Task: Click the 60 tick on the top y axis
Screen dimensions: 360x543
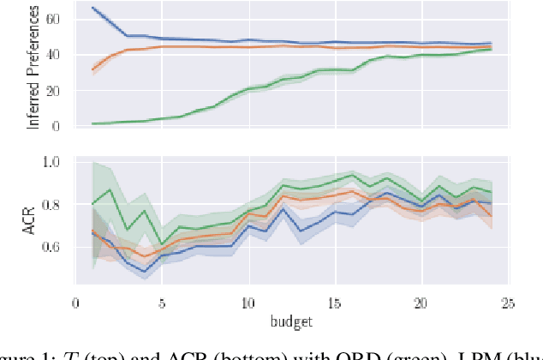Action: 58,17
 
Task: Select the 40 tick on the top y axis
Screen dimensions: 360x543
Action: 58,54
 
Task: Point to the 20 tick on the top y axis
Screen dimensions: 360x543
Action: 58,90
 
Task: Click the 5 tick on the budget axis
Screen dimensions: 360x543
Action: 161,302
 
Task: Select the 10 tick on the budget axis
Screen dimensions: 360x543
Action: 248,302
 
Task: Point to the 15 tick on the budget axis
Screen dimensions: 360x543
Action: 334,302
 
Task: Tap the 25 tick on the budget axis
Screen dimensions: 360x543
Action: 507,302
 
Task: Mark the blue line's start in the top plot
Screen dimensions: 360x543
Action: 92,8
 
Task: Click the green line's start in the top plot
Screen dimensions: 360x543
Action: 92,124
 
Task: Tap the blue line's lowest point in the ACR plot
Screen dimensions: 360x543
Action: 144,272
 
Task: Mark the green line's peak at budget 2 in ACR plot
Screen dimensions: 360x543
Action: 110,189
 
